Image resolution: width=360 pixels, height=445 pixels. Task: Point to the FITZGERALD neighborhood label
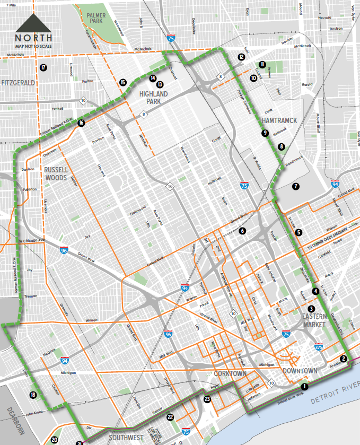18,83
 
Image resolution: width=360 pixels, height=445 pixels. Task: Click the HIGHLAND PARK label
153,98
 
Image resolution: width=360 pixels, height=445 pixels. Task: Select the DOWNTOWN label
300,370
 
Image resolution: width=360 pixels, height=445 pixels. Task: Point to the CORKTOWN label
231,374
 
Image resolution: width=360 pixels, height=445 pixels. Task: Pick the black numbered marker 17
43,67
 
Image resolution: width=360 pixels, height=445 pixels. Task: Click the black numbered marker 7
295,186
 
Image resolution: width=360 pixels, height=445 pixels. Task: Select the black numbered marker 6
242,231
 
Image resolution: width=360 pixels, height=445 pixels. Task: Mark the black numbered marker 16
81,123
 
